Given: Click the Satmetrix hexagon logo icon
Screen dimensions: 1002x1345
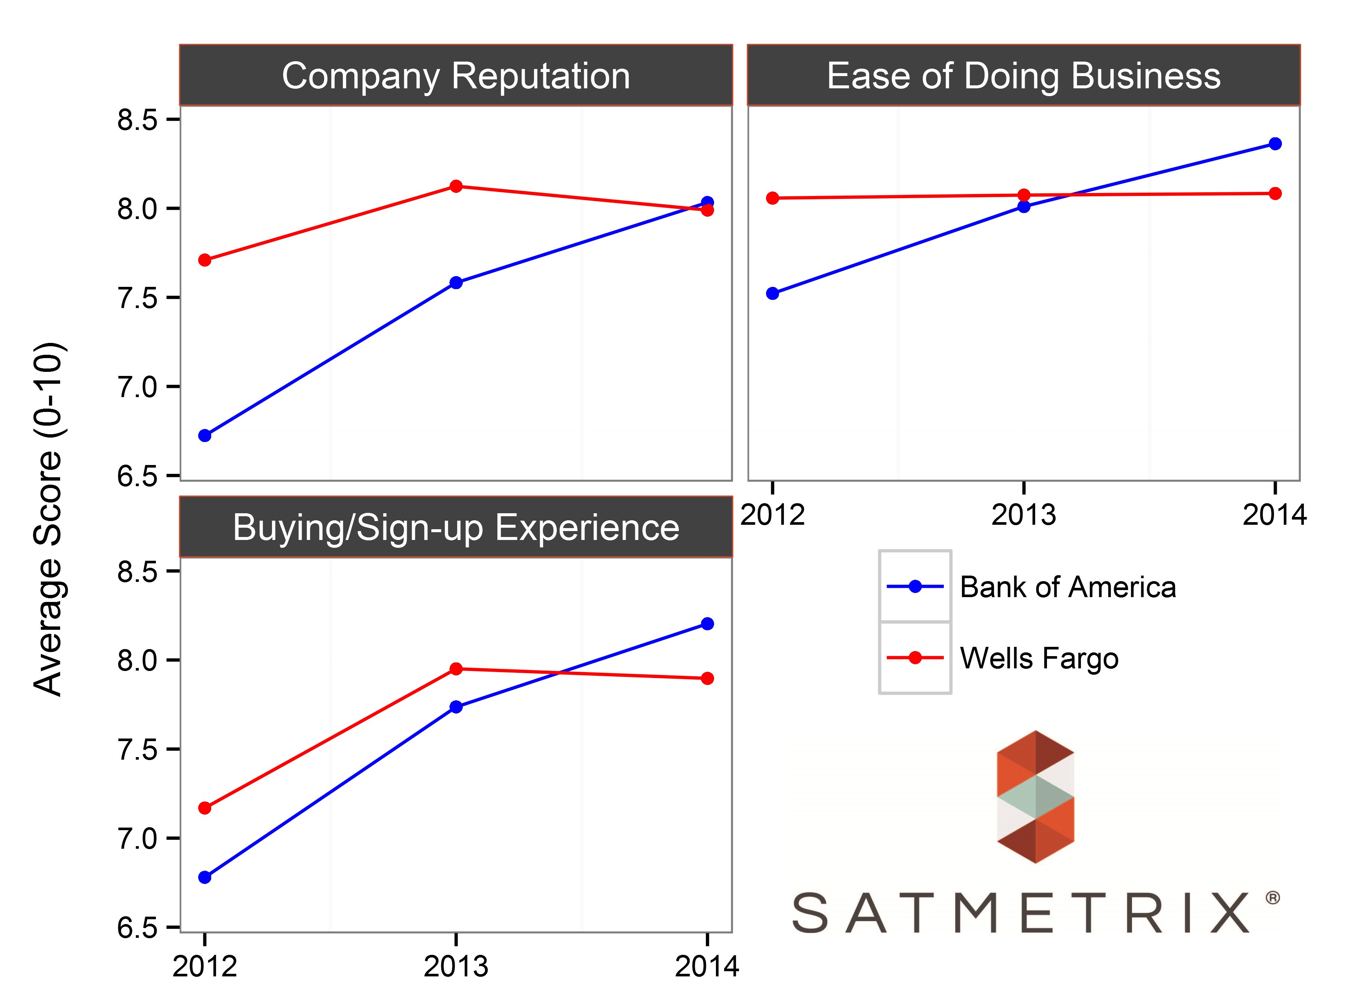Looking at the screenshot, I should pyautogui.click(x=1035, y=796).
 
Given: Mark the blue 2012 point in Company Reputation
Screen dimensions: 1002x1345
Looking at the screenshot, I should pyautogui.click(x=205, y=435).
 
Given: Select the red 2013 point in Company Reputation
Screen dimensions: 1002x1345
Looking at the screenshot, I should pyautogui.click(x=456, y=186).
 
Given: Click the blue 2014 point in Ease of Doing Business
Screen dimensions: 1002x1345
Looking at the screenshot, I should pyautogui.click(x=1274, y=144).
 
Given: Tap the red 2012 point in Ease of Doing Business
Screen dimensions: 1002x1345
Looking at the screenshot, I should pyautogui.click(x=773, y=198).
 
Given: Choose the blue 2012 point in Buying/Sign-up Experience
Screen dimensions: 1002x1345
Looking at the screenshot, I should pyautogui.click(x=205, y=877).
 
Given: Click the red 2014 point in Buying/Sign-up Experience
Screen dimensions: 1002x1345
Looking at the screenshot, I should pyautogui.click(x=707, y=678).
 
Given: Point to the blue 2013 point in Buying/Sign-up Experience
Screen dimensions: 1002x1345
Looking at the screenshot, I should pyautogui.click(x=456, y=707).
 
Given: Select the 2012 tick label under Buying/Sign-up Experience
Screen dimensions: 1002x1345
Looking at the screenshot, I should pyautogui.click(x=204, y=966).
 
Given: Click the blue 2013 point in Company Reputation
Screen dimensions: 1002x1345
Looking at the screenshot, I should pyautogui.click(x=456, y=283).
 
